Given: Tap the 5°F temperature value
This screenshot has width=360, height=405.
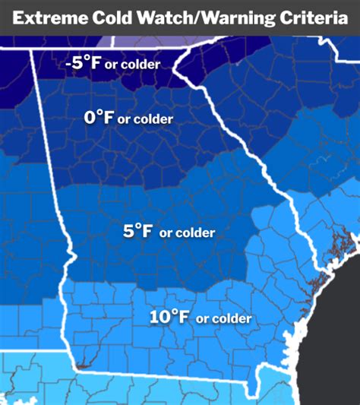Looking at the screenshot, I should coord(137,231).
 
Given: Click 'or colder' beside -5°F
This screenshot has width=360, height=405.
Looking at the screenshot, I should coord(134,65).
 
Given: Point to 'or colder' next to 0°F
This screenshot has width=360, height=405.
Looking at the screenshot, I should coord(145,119).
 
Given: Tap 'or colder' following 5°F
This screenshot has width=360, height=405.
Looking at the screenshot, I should coord(187,233).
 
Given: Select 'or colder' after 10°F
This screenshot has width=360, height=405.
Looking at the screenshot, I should coord(223,319).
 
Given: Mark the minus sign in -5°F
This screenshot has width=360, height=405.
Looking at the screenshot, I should coord(69,64).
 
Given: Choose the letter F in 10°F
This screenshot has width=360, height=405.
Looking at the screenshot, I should coord(185,316).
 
